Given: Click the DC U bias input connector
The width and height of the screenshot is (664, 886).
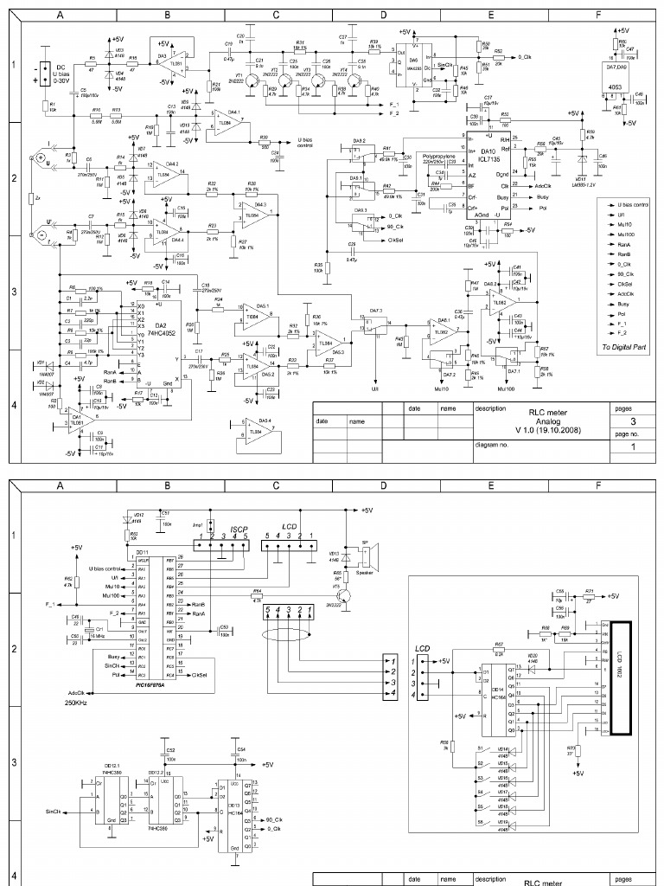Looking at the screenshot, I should (39, 74).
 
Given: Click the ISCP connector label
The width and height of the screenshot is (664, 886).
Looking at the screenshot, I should (239, 528).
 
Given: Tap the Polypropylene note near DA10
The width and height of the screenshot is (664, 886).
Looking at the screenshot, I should (436, 157).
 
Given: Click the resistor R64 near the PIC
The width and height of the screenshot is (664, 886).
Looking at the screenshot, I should (257, 596).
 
